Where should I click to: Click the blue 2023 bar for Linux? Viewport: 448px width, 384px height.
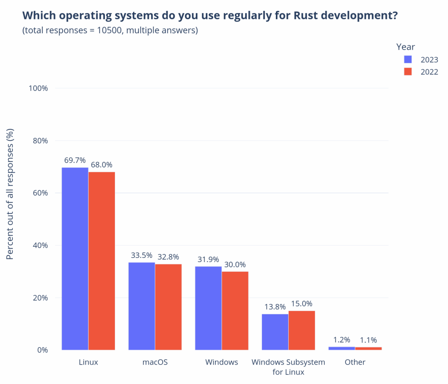pyautogui.click(x=75, y=259)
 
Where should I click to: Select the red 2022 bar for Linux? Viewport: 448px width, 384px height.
pyautogui.click(x=102, y=261)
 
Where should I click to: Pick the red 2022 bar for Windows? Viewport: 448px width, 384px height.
pyautogui.click(x=235, y=311)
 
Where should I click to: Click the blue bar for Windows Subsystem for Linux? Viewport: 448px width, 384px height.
pyautogui.click(x=275, y=332)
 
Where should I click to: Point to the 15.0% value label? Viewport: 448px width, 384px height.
pyautogui.click(x=302, y=304)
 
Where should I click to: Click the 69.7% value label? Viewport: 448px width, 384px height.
pyautogui.click(x=75, y=160)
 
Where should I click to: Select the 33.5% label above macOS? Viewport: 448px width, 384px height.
pyautogui.click(x=141, y=255)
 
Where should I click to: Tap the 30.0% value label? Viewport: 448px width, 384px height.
pyautogui.click(x=235, y=265)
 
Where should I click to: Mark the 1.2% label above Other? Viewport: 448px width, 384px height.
pyautogui.click(x=342, y=340)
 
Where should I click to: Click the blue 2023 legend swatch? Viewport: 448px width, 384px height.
pyautogui.click(x=408, y=59)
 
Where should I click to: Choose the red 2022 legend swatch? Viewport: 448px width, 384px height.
pyautogui.click(x=408, y=72)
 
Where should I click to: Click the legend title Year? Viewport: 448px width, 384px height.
pyautogui.click(x=405, y=47)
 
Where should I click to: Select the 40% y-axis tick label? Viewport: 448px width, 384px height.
pyautogui.click(x=40, y=245)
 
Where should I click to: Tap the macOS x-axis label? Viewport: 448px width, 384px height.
pyautogui.click(x=155, y=362)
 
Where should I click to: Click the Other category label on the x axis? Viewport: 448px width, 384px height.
pyautogui.click(x=355, y=362)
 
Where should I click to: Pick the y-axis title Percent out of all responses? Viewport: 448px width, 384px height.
pyautogui.click(x=10, y=194)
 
